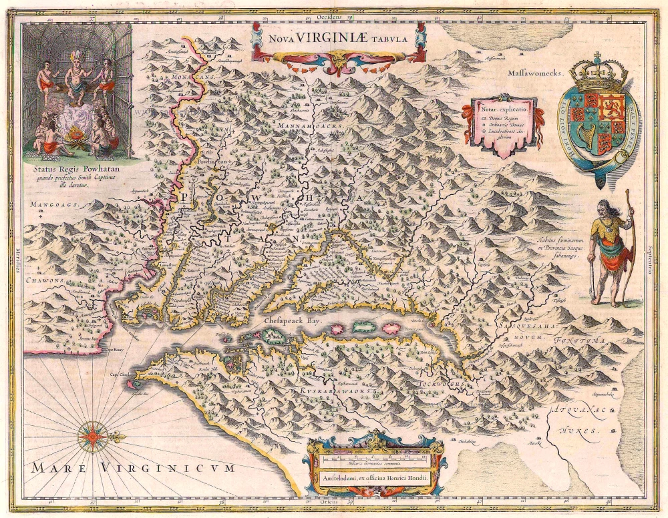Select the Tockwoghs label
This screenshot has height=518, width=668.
coord(438,385)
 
